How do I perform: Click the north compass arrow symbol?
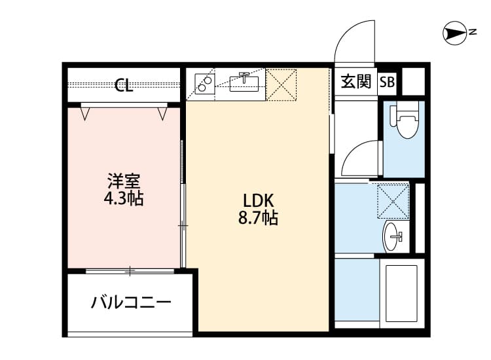tap(452, 32)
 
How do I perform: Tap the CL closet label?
tap(124, 85)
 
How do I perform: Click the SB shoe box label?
tap(387, 82)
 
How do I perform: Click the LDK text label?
tap(258, 200)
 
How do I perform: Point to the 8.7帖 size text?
tap(258, 219)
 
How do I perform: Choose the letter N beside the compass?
tap(472, 31)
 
